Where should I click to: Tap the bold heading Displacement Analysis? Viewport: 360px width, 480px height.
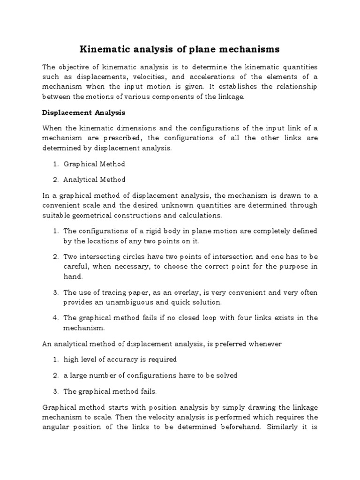tap(84, 113)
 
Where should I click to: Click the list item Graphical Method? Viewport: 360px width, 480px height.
tap(94, 164)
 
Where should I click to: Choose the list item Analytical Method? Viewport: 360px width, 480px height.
tap(95, 180)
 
